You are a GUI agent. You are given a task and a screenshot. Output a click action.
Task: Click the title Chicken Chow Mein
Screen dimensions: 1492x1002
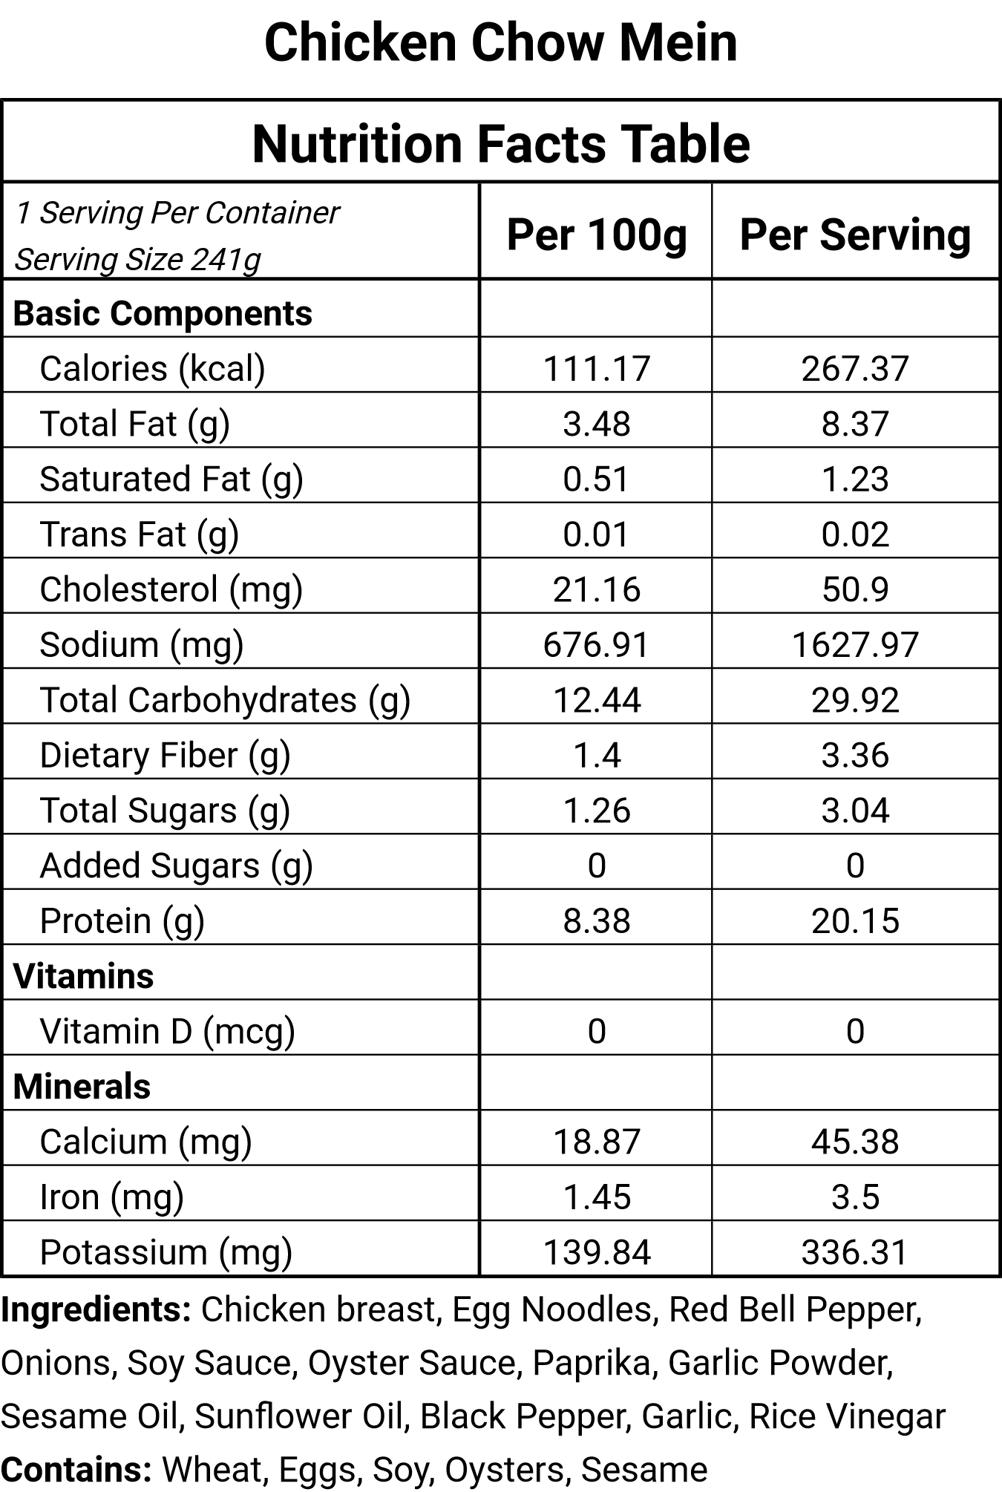pos(501,42)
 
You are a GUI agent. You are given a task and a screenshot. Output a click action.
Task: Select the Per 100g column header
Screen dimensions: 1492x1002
pos(597,235)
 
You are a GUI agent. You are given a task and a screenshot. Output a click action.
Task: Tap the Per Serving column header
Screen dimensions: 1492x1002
pos(855,235)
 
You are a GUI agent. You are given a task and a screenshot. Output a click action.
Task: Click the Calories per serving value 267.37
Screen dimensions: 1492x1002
pos(855,369)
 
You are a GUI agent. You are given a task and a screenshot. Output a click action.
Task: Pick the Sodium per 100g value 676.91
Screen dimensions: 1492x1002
pos(597,644)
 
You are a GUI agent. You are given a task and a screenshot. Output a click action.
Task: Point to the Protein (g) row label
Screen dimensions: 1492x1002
pos(122,921)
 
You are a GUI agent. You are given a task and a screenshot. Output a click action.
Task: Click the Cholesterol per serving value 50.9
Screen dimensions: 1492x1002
pos(855,589)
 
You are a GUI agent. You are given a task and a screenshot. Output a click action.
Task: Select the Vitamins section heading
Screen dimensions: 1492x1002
pos(83,976)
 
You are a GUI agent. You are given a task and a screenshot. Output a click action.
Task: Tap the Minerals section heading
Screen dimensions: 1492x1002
pos(82,1087)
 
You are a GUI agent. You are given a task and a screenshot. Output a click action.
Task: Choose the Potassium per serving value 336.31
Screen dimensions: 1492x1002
pos(855,1253)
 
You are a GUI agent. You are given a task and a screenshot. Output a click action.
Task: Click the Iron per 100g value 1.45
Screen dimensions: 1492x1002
pos(597,1197)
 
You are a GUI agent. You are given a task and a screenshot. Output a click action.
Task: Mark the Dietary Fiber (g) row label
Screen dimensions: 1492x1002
pos(165,756)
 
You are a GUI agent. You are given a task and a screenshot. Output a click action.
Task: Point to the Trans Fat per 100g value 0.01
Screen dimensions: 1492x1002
pos(597,534)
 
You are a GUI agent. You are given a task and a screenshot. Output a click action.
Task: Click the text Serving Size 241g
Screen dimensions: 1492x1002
pos(138,260)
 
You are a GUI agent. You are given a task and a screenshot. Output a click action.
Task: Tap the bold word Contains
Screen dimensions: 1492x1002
pos(76,1470)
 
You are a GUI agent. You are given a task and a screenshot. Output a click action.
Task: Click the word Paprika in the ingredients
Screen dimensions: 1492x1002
pos(591,1364)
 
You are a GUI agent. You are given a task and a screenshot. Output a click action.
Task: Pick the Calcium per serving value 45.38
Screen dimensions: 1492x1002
pos(855,1142)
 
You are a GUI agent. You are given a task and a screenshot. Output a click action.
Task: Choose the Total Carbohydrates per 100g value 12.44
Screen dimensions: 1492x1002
pos(597,700)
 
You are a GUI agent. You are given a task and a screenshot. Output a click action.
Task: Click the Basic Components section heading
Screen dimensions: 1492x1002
pos(163,313)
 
